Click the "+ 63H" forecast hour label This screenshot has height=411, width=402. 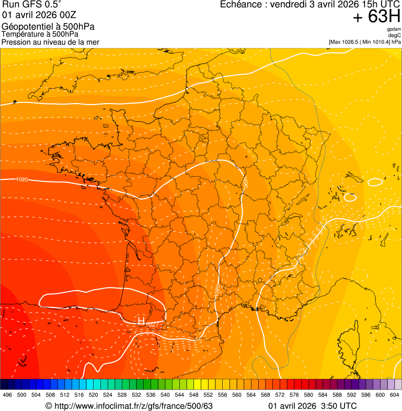pyautogui.click(x=377, y=17)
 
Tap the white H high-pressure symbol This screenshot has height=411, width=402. pyautogui.click(x=141, y=320)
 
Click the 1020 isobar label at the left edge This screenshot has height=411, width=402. pyautogui.click(x=22, y=180)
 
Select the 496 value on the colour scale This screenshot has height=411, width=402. pyautogui.click(x=7, y=395)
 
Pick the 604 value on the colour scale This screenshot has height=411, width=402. pyautogui.click(x=395, y=395)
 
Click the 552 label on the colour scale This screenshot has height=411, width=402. pyautogui.click(x=208, y=395)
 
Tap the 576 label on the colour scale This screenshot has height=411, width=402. pyautogui.click(x=294, y=395)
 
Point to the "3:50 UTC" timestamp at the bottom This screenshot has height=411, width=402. pyautogui.click(x=339, y=406)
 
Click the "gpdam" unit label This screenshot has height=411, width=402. pyautogui.click(x=394, y=30)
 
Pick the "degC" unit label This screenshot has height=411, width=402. pyautogui.click(x=395, y=36)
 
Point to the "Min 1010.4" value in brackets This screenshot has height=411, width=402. pyautogui.click(x=378, y=42)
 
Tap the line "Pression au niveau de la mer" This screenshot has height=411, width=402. pyautogui.click(x=50, y=42)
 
